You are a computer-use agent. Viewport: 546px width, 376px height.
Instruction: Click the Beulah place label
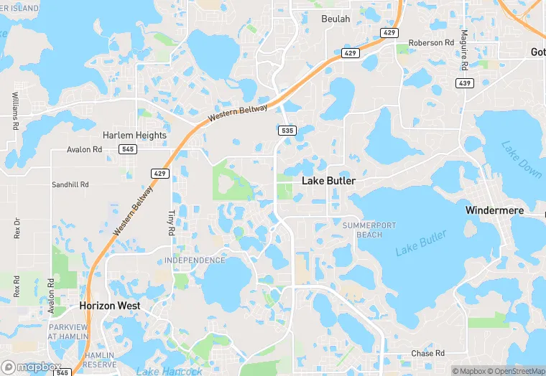click(336, 19)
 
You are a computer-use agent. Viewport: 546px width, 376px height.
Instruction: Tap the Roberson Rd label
click(431, 43)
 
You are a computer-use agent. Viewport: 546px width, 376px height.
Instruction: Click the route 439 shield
click(463, 83)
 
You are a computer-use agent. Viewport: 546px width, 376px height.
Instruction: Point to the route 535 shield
click(287, 131)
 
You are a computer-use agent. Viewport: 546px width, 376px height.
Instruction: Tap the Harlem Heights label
click(134, 135)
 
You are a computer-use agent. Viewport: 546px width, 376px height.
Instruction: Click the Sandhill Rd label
click(70, 184)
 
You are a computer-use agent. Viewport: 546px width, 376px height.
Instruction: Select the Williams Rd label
click(15, 111)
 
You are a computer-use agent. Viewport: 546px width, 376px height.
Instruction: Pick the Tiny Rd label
click(171, 223)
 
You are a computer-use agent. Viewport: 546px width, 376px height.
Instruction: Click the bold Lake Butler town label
click(328, 181)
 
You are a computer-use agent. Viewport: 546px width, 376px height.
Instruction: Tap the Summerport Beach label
click(369, 230)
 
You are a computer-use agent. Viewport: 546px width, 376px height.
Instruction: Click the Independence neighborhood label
click(195, 260)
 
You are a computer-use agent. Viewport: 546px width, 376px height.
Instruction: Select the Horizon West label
click(110, 306)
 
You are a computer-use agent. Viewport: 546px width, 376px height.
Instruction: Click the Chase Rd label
click(427, 354)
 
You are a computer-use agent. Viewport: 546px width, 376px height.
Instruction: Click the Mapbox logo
click(32, 367)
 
